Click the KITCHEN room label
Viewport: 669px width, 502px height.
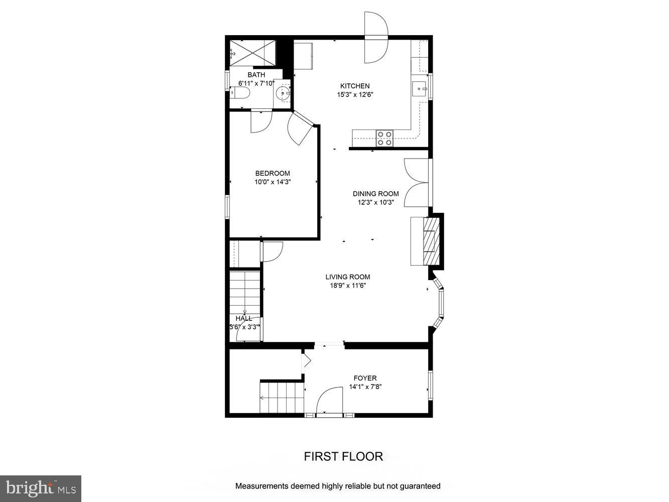[355, 86]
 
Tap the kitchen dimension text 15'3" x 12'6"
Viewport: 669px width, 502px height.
[355, 94]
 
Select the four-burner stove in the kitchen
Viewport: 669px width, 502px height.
[385, 138]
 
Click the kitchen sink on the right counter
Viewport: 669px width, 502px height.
[419, 89]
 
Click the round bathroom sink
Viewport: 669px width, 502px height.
[284, 93]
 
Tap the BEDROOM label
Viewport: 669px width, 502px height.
[273, 174]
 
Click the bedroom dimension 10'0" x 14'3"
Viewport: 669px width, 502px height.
[273, 182]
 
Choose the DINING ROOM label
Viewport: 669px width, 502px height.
[375, 194]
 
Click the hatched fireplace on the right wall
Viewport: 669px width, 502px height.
[431, 240]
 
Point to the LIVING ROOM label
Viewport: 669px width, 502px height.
[348, 277]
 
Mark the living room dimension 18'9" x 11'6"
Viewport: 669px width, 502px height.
[348, 286]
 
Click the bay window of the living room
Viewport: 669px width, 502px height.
[439, 303]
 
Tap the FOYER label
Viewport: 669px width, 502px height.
[365, 378]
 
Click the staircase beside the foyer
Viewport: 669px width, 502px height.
[282, 397]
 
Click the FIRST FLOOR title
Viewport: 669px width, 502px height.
[343, 456]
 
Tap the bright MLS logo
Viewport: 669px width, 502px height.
[41, 488]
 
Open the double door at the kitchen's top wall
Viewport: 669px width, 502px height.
[376, 38]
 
